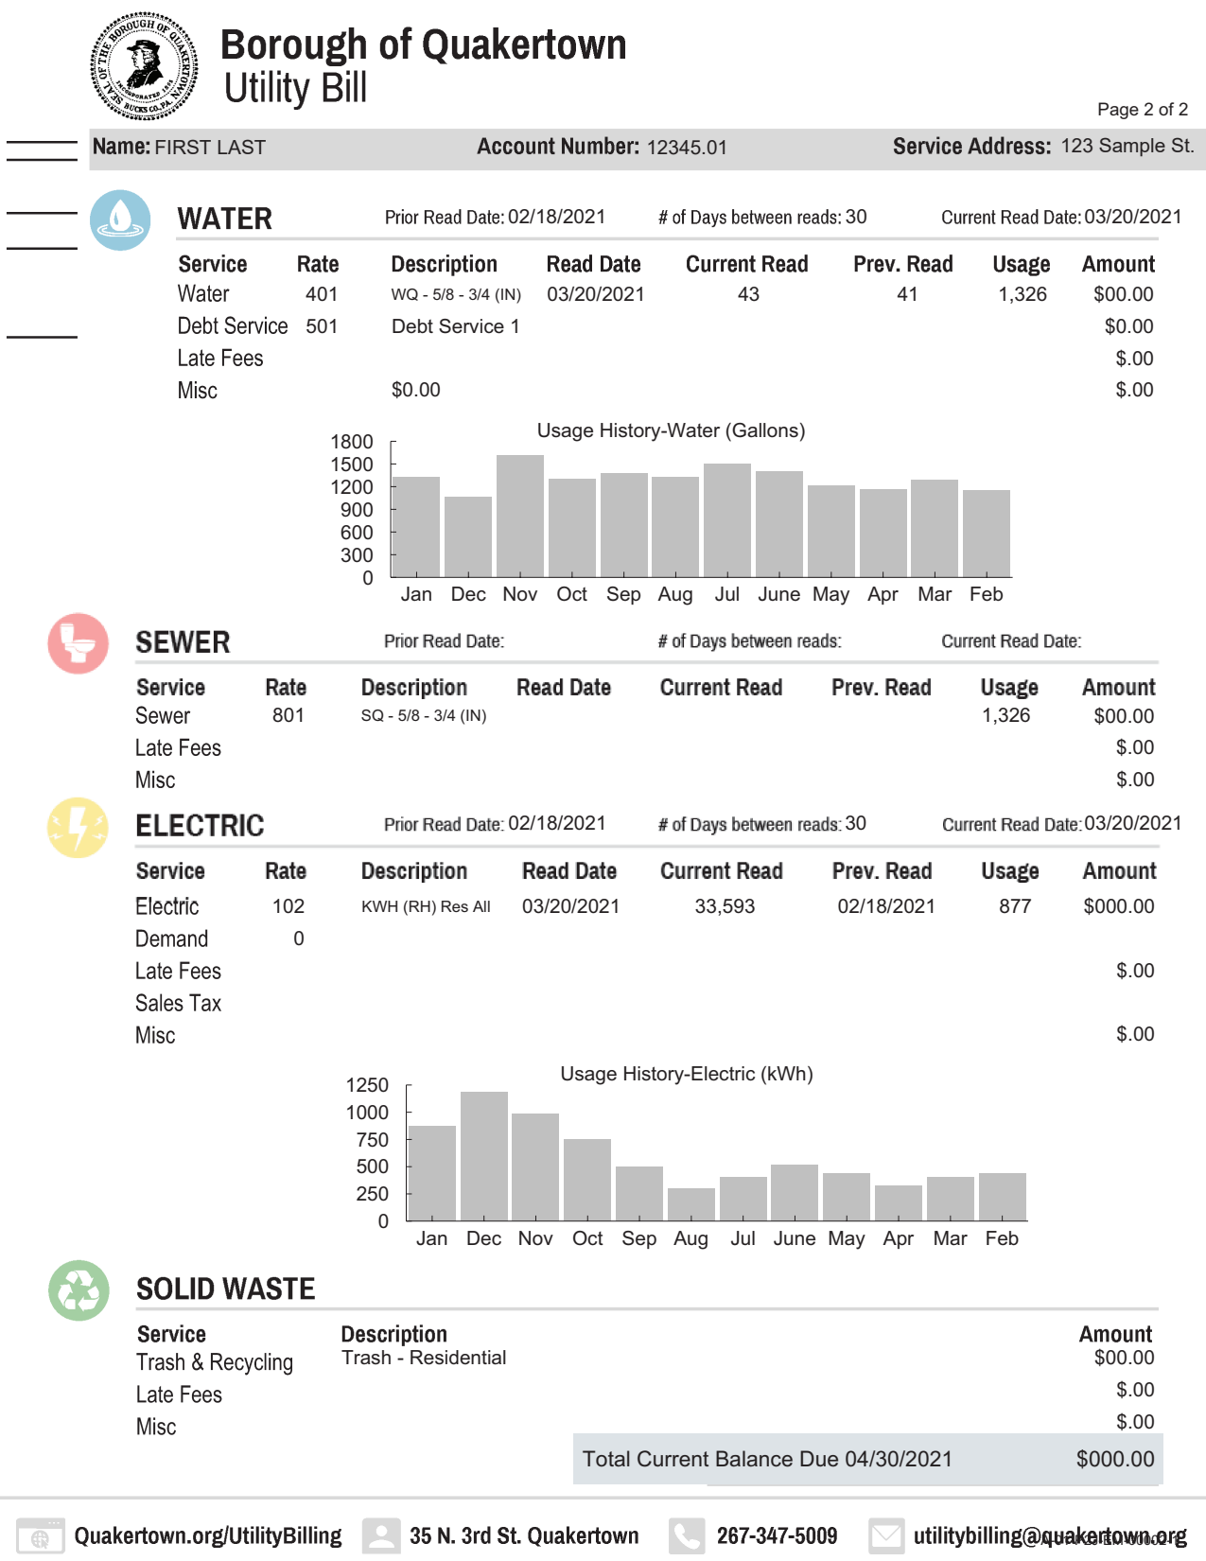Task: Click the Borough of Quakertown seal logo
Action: [144, 66]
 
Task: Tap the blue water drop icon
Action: [120, 219]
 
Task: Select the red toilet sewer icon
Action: [79, 643]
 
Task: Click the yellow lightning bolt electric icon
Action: [79, 827]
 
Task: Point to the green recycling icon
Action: [79, 1289]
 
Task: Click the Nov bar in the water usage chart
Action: [520, 516]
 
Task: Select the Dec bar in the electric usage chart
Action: [484, 1155]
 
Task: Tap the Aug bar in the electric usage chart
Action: [691, 1203]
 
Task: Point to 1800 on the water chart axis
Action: [352, 442]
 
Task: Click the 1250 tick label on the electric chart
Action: [367, 1085]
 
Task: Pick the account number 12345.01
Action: [687, 148]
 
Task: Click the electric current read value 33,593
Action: [725, 906]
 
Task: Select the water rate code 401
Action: [322, 294]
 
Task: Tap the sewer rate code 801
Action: [288, 716]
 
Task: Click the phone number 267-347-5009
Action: [777, 1535]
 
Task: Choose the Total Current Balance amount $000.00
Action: [1115, 1459]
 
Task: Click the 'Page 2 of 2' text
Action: [1142, 110]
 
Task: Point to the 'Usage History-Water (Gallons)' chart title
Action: [671, 430]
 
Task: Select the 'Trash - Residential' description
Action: [424, 1358]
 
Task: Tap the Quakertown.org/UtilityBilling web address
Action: [208, 1535]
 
